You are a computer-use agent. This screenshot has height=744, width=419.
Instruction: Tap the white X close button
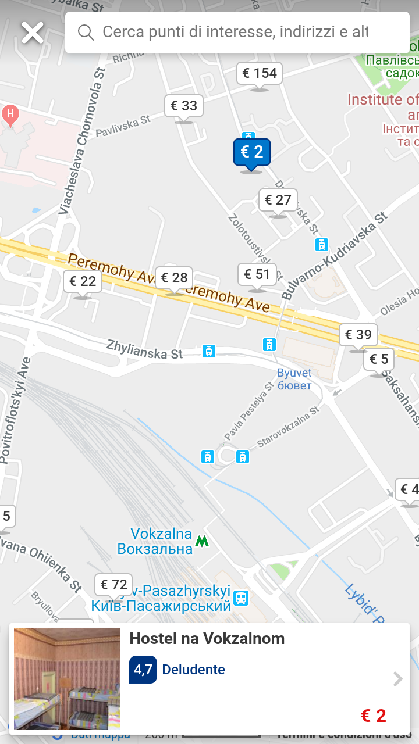coord(33,33)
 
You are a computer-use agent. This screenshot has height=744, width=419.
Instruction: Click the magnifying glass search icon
coord(86,33)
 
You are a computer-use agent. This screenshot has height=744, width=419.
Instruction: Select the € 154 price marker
coord(260,74)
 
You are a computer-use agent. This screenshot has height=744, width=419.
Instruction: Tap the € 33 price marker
coord(184,106)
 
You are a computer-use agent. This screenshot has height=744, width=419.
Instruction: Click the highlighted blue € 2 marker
coord(252,153)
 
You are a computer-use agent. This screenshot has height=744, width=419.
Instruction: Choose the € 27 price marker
coord(278,201)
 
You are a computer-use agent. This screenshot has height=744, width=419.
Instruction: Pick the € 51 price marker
coord(257,274)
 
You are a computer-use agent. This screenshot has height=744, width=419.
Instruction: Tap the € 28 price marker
coord(174,278)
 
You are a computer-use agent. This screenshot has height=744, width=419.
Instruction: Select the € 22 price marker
coord(83,282)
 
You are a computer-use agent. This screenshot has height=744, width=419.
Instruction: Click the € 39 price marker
coord(358,335)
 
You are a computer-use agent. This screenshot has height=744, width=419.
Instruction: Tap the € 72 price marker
coord(113,585)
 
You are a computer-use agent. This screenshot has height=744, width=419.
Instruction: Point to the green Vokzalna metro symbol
coord(202,541)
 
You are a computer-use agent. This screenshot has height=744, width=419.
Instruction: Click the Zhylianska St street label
coord(144,349)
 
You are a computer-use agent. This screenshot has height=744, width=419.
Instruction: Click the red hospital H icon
coord(10,113)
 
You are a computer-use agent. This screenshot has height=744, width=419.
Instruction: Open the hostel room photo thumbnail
coord(67,678)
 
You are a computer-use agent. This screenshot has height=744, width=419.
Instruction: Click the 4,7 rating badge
coord(143,670)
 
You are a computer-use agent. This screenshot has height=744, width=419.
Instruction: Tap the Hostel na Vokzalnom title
coord(207,639)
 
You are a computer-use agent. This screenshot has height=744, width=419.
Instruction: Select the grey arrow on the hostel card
coord(398,679)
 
